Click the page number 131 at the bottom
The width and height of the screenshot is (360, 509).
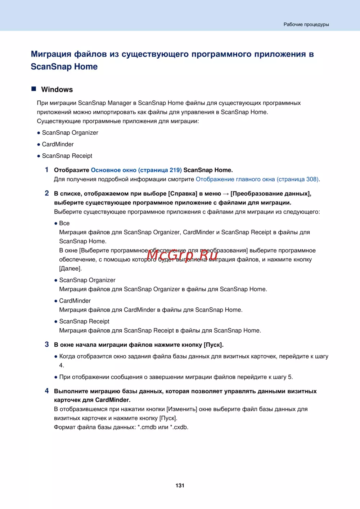pos(180,486)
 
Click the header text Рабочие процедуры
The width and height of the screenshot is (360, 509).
pos(306,24)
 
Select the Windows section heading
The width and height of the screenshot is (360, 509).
pos(57,90)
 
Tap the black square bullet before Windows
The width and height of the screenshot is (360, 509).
pos(34,89)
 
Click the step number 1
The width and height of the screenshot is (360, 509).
pos(47,170)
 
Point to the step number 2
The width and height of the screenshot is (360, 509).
pos(47,193)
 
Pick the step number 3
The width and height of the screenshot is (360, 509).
pos(47,344)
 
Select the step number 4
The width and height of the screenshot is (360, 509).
pos(47,391)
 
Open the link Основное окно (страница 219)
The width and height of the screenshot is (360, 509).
pos(136,170)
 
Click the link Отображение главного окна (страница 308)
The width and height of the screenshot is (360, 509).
pos(257,179)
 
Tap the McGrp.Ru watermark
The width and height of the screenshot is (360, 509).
pos(182,255)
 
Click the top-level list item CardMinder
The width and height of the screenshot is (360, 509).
pos(58,144)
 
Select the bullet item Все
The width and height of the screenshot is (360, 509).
pos(64,223)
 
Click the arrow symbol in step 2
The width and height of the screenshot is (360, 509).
pos(226,194)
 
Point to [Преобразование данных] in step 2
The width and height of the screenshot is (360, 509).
pos(271,194)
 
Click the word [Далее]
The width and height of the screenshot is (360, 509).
pos(71,269)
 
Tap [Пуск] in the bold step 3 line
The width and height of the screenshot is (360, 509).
pos(213,345)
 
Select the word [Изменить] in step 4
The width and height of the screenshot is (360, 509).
pos(181,409)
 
